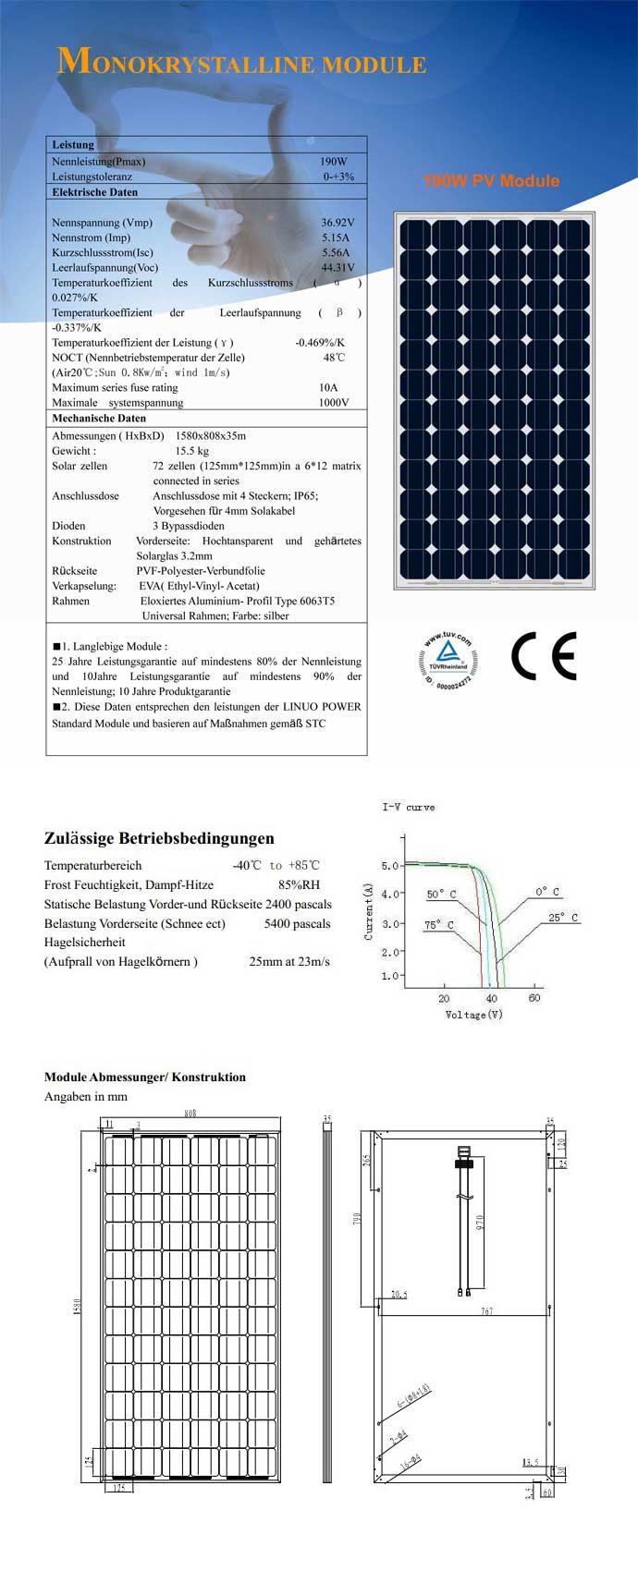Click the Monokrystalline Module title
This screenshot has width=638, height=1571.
pyautogui.click(x=241, y=63)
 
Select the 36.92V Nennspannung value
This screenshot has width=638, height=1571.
pyautogui.click(x=337, y=223)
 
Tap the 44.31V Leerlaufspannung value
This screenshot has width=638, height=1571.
pyautogui.click(x=337, y=268)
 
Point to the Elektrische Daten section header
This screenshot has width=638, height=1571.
pyautogui.click(x=94, y=192)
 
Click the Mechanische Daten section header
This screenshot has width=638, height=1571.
pyautogui.click(x=99, y=419)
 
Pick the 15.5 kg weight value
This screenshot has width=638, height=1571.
pyautogui.click(x=192, y=451)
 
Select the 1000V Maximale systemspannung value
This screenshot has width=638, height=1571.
pyautogui.click(x=334, y=403)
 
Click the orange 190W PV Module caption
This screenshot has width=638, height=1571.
pyautogui.click(x=491, y=181)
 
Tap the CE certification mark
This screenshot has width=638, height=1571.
pyautogui.click(x=544, y=656)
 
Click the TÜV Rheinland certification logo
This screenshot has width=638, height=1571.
pyautogui.click(x=446, y=662)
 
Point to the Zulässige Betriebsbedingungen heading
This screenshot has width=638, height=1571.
pyautogui.click(x=159, y=839)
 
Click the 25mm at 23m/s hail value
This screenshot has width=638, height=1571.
pyautogui.click(x=289, y=962)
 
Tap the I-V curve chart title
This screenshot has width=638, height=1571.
pyautogui.click(x=409, y=808)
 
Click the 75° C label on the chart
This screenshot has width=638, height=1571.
pyautogui.click(x=439, y=925)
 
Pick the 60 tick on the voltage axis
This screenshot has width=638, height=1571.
pyautogui.click(x=534, y=999)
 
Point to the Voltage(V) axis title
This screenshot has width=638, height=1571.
pyautogui.click(x=473, y=1015)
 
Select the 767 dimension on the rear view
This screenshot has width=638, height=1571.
pyautogui.click(x=487, y=1311)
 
